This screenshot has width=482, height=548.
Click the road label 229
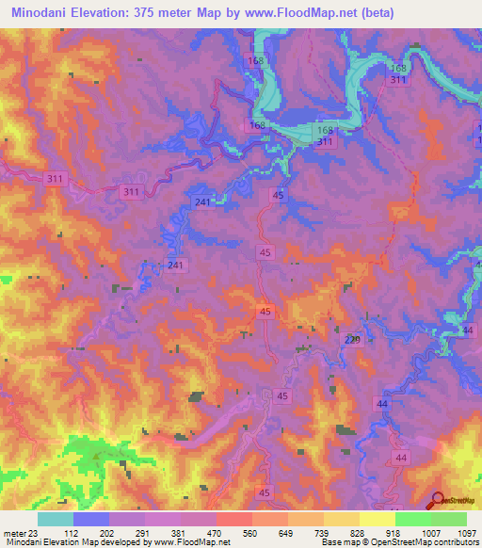tap(352, 340)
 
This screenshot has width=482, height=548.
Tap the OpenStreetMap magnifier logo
tap(439, 501)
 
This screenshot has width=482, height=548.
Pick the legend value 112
tap(72, 532)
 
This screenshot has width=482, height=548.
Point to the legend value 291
tap(144, 532)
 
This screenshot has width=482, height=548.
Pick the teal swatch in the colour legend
tap(55, 519)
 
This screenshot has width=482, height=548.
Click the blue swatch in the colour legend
tap(90, 519)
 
